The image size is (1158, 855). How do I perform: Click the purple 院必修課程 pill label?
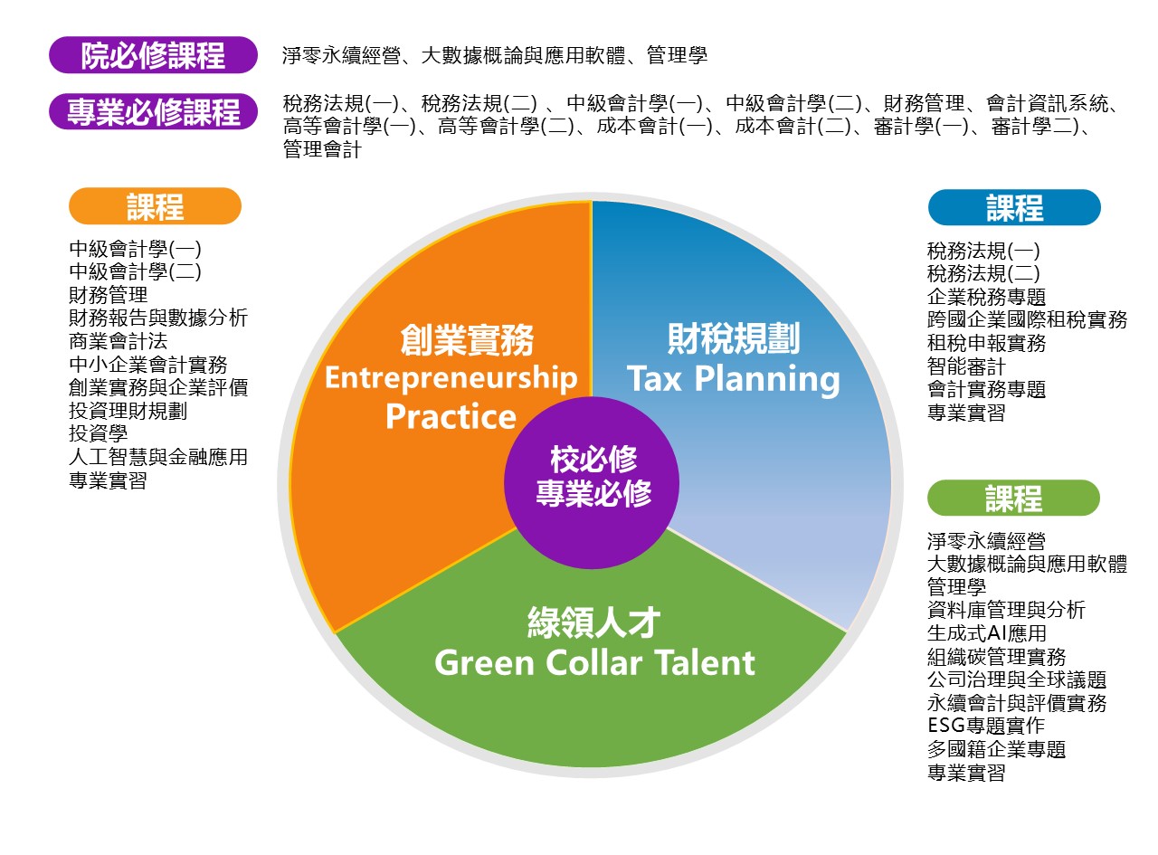pos(153,55)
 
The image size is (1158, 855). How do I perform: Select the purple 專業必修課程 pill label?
pos(153,111)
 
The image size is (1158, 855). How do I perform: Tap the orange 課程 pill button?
pos(155,206)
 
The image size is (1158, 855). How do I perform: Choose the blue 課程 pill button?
pos(1014,207)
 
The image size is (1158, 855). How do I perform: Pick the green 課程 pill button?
pos(1013,498)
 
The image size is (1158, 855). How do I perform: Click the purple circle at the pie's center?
pos(592,482)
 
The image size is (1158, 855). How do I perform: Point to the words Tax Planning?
pos(733,379)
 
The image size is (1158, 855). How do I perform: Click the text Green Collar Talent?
pos(594,662)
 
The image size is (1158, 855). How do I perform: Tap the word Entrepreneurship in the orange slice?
pos(451,378)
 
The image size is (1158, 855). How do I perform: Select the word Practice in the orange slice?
pos(451,416)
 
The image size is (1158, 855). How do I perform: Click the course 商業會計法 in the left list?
pos(118,341)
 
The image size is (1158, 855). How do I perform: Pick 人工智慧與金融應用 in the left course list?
pos(158,457)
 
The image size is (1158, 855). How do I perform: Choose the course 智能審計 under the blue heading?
pos(966,366)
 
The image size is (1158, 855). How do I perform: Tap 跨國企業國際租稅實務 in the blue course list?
pos(1027,319)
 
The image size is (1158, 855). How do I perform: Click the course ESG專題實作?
pos(986,726)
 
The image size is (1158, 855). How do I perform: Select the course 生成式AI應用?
pos(987,633)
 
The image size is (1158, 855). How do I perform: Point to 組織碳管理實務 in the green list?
pos(996,657)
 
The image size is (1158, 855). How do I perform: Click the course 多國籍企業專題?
pos(996,749)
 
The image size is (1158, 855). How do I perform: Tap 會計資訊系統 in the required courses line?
pos(1047,103)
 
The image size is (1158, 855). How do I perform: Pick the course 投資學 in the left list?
pos(98,433)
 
